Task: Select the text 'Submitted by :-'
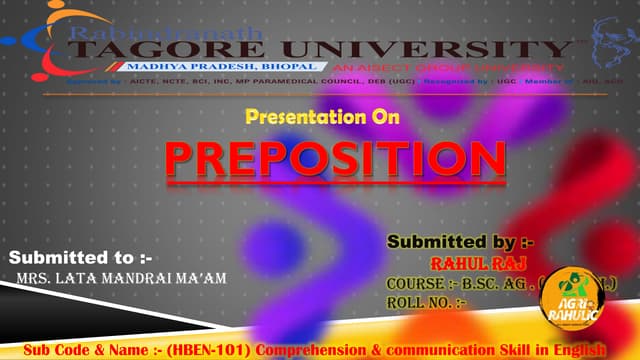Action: [461, 243]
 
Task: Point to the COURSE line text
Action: [470, 283]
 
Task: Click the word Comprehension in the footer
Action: [301, 350]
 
